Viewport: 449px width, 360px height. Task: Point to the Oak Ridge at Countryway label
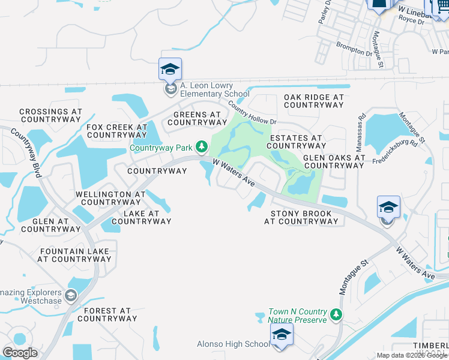coord(314,101)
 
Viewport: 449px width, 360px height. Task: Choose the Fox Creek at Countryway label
coord(117,131)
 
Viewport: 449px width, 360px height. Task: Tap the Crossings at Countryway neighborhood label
coord(50,115)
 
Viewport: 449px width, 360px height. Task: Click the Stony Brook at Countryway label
coord(301,217)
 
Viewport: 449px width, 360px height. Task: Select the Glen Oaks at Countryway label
coord(334,162)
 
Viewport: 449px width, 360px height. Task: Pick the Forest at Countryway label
coord(107,314)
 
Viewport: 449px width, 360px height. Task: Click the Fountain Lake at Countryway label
coord(74,255)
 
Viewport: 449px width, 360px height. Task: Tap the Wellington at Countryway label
coord(110,198)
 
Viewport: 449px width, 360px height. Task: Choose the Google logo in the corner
coord(20,352)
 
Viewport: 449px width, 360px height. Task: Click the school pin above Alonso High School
coord(282,334)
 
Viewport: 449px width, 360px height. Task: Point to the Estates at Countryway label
coord(297,142)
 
